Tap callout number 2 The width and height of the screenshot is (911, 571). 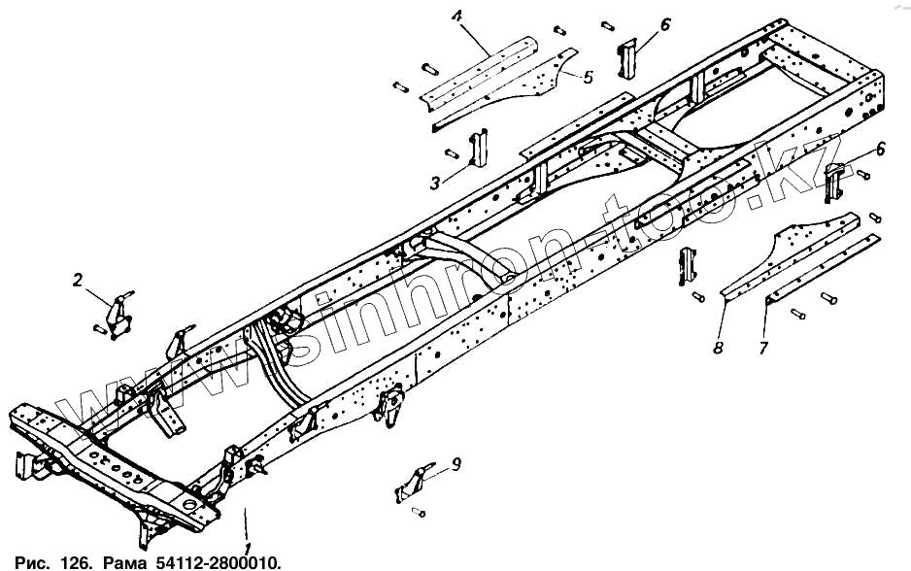(78, 282)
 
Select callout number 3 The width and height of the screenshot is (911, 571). (436, 181)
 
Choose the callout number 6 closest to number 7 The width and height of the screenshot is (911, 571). (880, 149)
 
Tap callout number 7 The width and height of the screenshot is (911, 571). (763, 347)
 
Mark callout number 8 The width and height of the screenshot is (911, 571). (719, 347)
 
